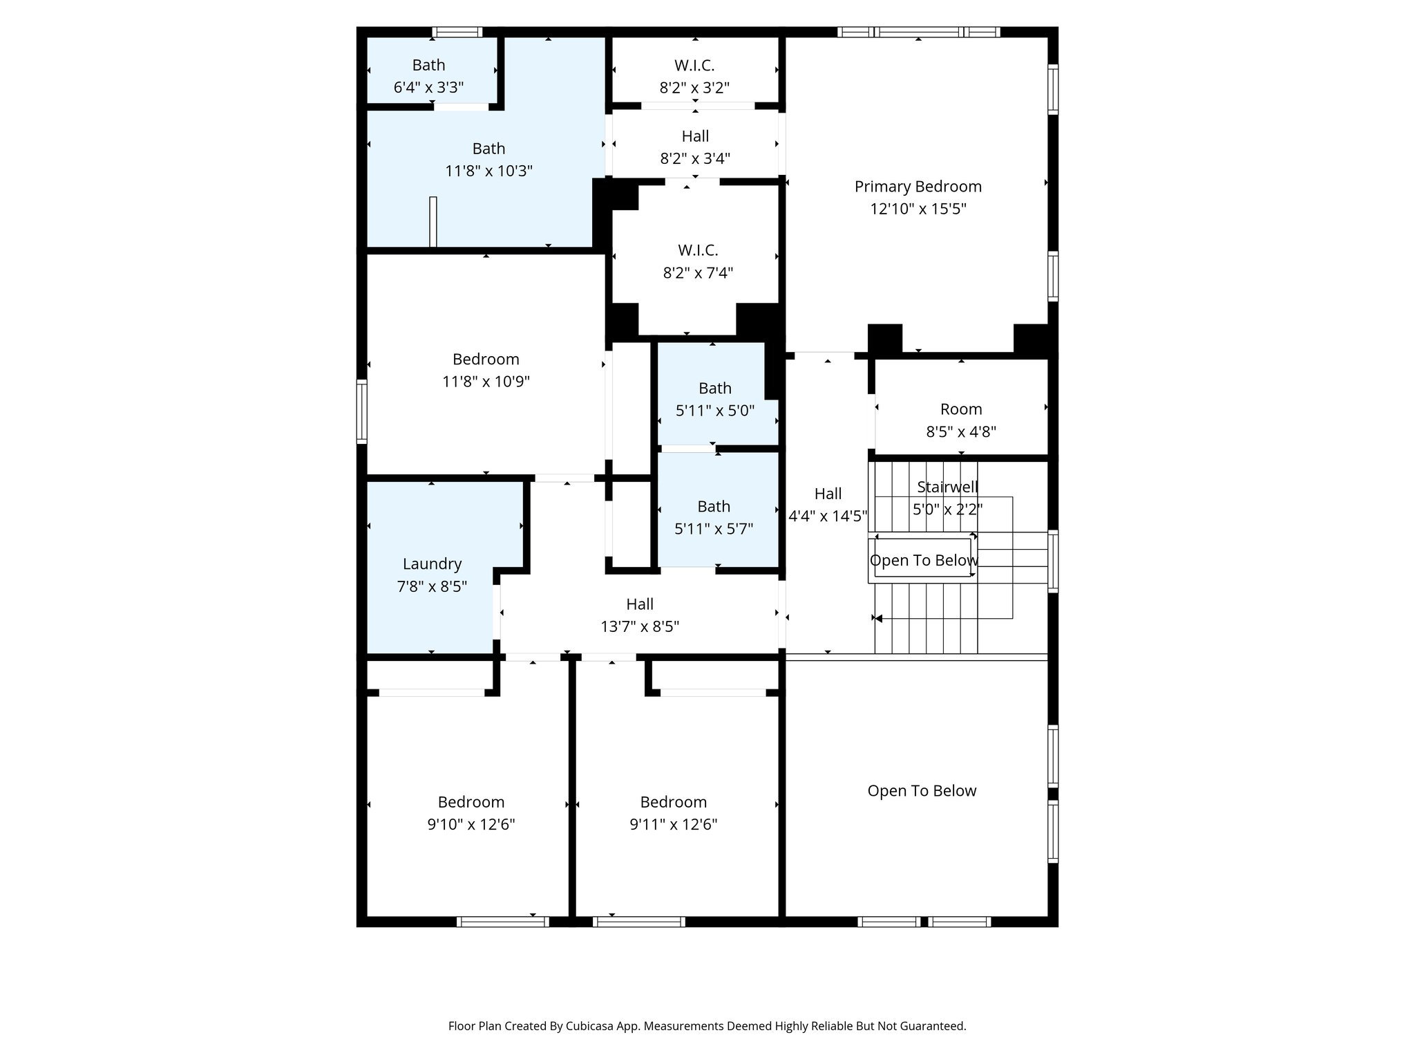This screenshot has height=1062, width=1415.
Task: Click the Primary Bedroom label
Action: pos(918,187)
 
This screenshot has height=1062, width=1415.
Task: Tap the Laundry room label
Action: pos(432,564)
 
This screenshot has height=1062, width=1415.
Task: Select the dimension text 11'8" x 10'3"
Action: pos(488,171)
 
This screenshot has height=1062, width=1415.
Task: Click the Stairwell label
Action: pos(947,487)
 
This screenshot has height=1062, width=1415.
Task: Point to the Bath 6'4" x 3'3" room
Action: pos(428,75)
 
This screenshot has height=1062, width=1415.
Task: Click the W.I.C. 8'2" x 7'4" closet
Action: pos(698,261)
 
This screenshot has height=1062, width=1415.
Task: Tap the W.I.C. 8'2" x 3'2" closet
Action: pos(694,75)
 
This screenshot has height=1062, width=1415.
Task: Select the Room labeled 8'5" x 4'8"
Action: pos(960,420)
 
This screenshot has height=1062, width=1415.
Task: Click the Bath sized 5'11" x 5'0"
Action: pos(714,399)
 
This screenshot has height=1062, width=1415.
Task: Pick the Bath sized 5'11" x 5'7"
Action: pos(714,517)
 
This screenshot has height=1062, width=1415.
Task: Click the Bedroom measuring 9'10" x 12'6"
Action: pos(471,812)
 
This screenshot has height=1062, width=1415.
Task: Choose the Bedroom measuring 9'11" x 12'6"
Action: pos(673,812)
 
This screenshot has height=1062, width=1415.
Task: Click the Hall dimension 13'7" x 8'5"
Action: pos(640,626)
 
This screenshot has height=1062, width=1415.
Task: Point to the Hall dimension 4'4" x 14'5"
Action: pos(828,516)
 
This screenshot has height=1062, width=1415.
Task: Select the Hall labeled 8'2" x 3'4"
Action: pos(695,147)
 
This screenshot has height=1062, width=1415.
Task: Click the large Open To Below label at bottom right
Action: pos(922,791)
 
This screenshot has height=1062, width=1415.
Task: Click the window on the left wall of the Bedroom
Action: pos(361,411)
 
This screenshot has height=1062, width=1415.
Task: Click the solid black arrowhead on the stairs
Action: pos(878,618)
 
